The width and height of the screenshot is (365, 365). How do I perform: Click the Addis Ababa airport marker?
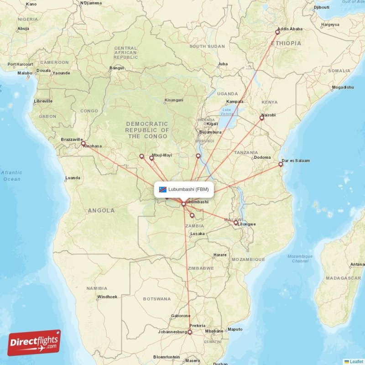click(x=277, y=32)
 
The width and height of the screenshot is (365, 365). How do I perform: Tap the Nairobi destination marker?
click(x=262, y=118)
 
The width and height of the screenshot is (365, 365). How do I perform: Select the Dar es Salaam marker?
click(x=281, y=164)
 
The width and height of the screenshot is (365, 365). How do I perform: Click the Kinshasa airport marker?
click(x=83, y=144)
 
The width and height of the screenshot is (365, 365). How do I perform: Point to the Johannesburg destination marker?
click(x=190, y=332)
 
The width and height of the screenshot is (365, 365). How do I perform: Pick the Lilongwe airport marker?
click(x=236, y=223)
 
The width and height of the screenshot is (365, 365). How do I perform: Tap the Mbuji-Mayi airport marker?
click(x=151, y=158)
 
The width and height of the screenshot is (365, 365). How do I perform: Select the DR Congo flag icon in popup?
click(x=163, y=189)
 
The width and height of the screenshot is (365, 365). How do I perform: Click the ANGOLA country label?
click(x=102, y=210)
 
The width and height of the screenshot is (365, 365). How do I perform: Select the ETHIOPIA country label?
click(x=286, y=43)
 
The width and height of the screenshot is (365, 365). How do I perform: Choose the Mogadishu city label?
click(x=343, y=87)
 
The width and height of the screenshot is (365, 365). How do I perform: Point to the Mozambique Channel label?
click(x=300, y=259)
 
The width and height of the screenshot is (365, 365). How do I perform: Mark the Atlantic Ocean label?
click(x=11, y=176)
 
